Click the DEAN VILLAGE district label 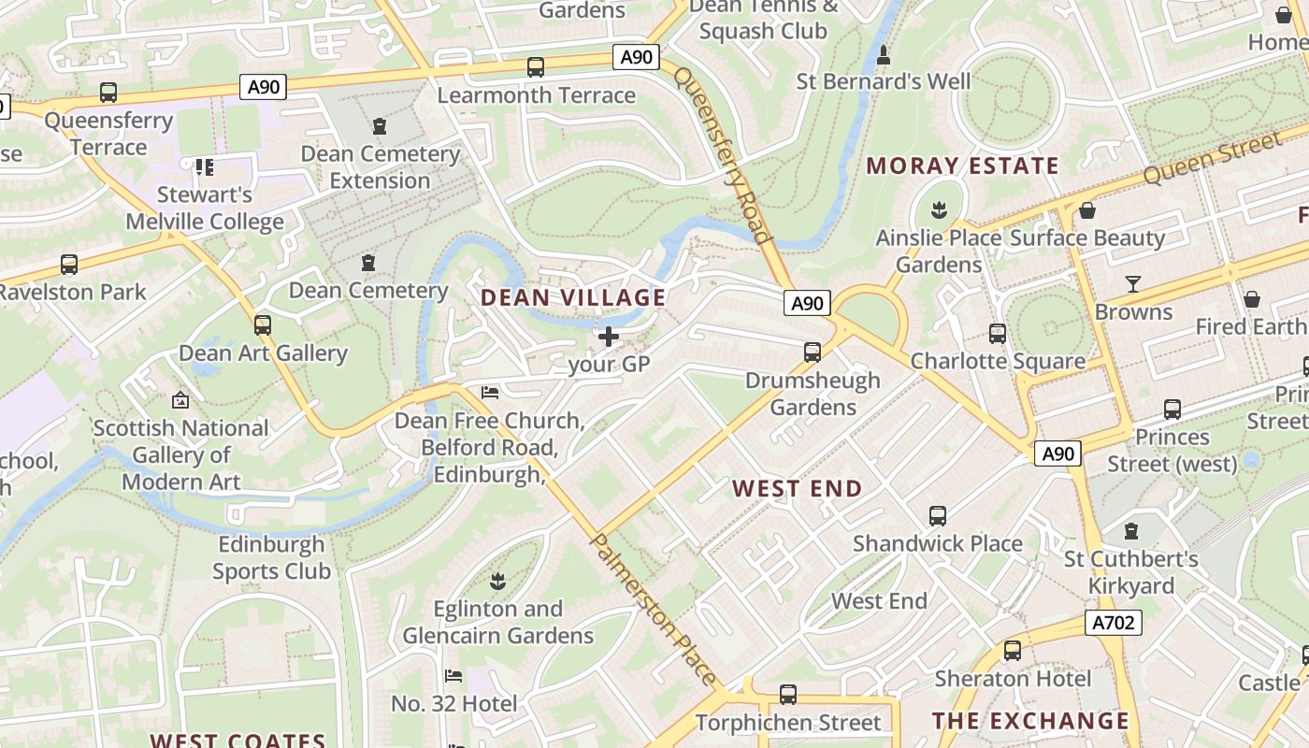click(573, 298)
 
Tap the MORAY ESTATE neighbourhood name click(962, 166)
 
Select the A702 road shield click(1114, 623)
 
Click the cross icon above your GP click(609, 337)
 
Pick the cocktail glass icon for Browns click(1133, 283)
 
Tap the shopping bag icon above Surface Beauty click(1086, 210)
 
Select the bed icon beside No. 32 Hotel click(453, 675)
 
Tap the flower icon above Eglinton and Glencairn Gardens click(498, 581)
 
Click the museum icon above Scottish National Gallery click(180, 400)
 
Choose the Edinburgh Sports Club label click(271, 557)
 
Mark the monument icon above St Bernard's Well click(884, 55)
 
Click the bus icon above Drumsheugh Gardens click(813, 352)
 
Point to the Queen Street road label click(1212, 158)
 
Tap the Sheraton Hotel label click(1013, 678)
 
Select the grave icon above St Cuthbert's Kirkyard click(1131, 531)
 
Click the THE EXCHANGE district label click(1030, 721)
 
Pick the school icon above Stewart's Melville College click(204, 167)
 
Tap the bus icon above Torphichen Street click(788, 695)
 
